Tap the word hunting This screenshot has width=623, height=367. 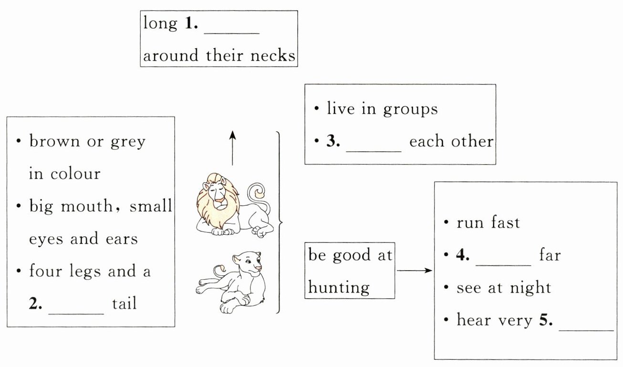(x=339, y=287)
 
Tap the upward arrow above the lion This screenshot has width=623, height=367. (x=232, y=148)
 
